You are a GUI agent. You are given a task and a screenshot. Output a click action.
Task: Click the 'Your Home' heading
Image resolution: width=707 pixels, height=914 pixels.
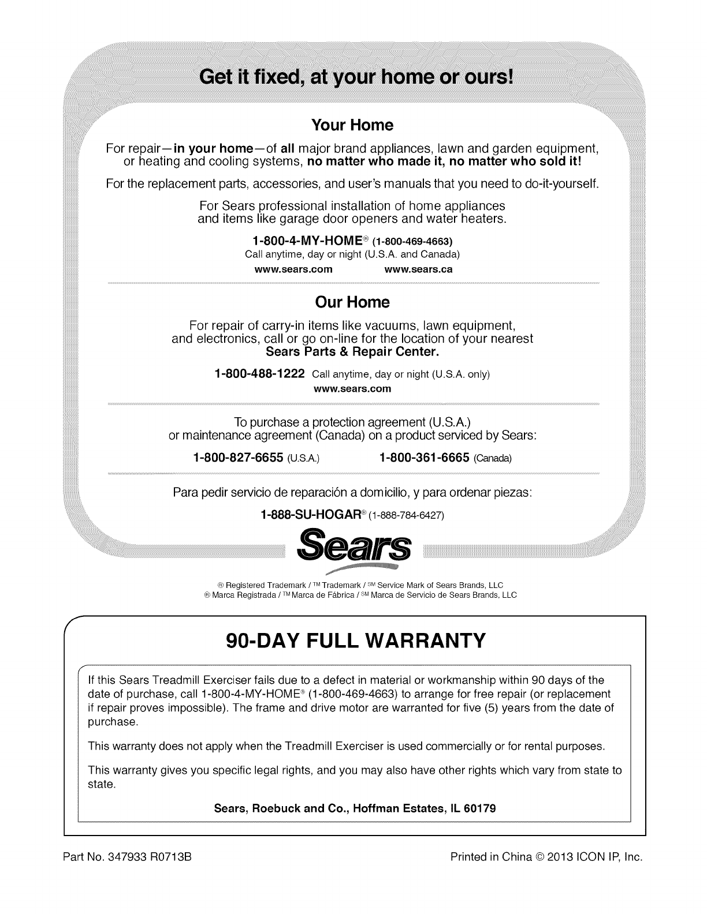352,125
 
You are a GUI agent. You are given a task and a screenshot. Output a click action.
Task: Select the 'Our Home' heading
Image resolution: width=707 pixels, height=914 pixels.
352,302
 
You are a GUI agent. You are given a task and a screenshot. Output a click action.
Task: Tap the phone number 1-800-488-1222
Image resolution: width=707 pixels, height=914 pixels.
259,373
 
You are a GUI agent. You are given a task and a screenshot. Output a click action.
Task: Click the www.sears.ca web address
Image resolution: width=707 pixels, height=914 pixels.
418,269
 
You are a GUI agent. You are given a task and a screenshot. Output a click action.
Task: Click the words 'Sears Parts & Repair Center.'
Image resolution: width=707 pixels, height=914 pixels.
352,351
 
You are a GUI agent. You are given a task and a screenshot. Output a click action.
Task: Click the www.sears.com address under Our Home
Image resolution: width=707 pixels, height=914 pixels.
352,389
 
